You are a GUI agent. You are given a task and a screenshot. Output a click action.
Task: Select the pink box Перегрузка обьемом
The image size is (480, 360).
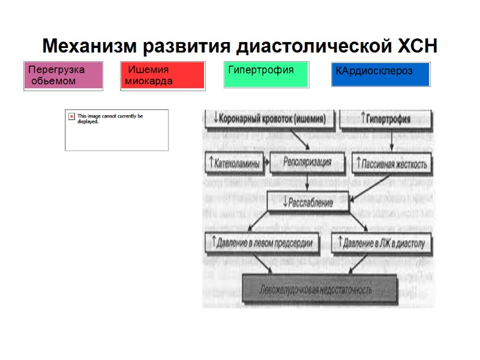click(63, 75)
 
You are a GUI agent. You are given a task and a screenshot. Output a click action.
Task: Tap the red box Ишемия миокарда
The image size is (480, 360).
click(163, 76)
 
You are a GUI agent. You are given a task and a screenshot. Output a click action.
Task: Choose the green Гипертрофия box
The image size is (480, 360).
click(266, 75)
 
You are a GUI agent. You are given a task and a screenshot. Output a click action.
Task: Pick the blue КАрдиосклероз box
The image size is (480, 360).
click(380, 74)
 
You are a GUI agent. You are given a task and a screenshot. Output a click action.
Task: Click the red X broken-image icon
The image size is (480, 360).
click(72, 116)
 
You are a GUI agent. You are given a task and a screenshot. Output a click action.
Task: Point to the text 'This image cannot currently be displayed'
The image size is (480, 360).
click(110, 118)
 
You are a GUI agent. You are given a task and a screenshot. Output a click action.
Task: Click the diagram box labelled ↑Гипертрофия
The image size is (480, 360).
click(386, 119)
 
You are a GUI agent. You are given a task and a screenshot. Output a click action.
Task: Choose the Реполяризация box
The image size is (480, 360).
click(308, 161)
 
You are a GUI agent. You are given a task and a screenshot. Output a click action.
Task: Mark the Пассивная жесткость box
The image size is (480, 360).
click(391, 163)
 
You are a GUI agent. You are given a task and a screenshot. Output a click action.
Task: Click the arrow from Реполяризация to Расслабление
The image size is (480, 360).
click(308, 181)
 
